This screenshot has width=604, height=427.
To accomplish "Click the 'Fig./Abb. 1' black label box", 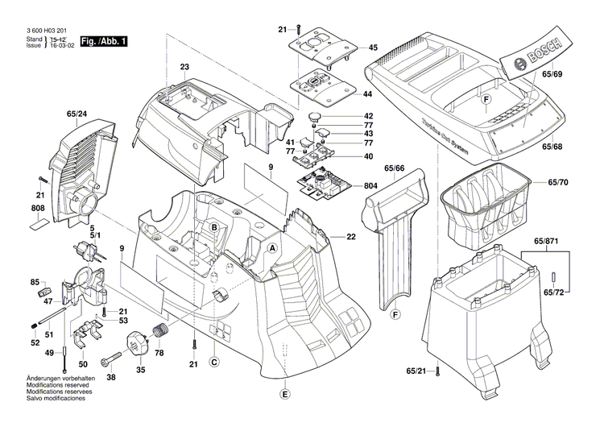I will pyautogui.click(x=104, y=40).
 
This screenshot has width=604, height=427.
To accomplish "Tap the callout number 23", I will pyautogui.click(x=184, y=66).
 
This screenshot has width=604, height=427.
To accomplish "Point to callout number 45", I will pyautogui.click(x=373, y=48).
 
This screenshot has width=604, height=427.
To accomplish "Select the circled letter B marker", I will pyautogui.click(x=214, y=229).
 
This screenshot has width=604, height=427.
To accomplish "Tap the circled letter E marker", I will pyautogui.click(x=283, y=394).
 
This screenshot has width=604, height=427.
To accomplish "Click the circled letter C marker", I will pyautogui.click(x=214, y=363).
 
